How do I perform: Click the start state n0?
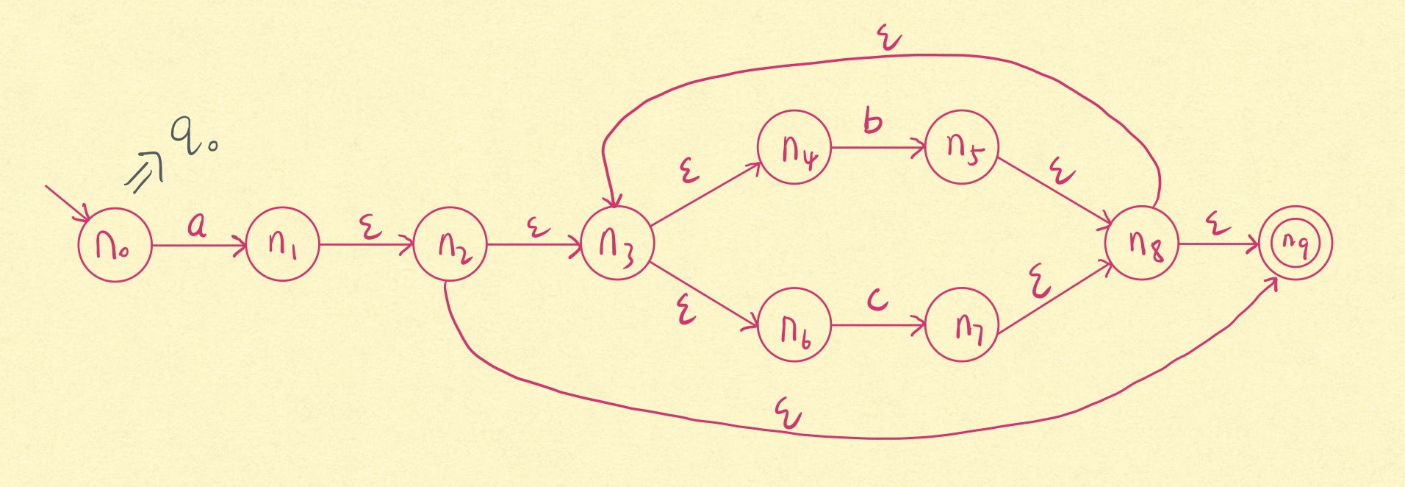pos(115,244)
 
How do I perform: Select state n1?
pos(283,243)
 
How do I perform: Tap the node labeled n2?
pos(450,244)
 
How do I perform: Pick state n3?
pos(617,243)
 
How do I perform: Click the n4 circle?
pos(794,147)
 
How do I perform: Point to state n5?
pos(961,147)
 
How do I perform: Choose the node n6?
pos(794,326)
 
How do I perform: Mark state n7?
pos(961,324)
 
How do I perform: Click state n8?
pos(1142,243)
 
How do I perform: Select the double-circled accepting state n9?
pos(1295,243)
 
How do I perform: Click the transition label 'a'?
pos(196,224)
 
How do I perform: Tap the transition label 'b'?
pos(872,121)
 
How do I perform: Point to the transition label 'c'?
pos(877,299)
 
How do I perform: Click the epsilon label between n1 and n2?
pos(370,227)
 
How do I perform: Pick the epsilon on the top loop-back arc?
pos(890,38)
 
